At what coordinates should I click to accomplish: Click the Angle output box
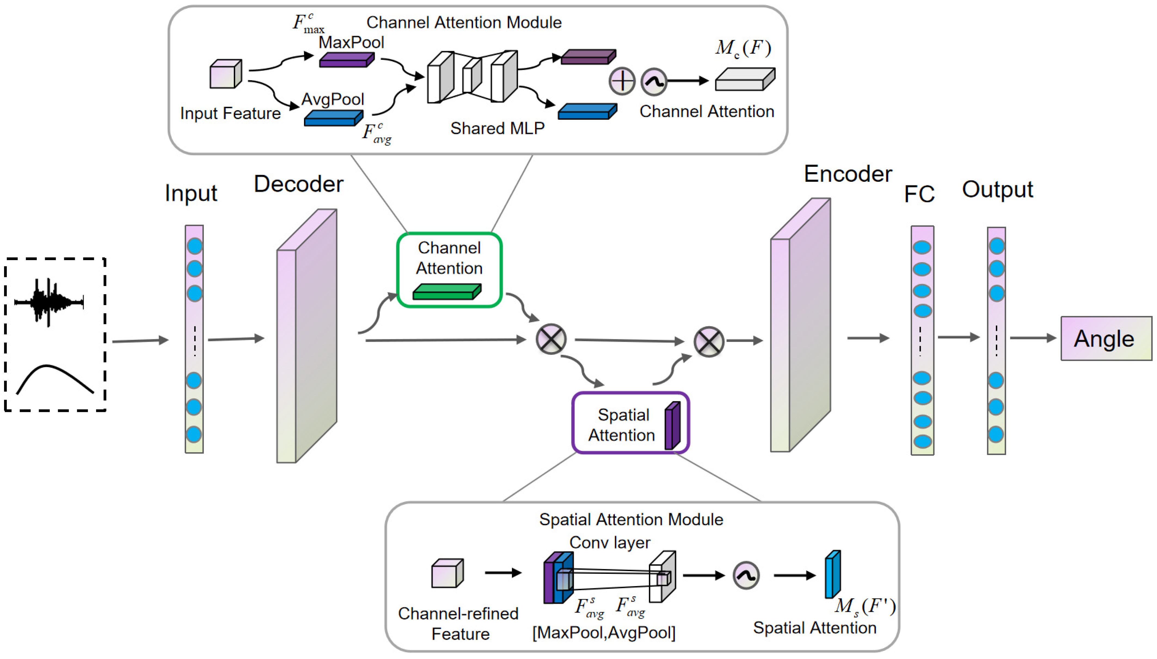[x=1106, y=338]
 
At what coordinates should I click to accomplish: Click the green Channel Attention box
[x=449, y=270]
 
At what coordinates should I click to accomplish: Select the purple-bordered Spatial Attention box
[x=630, y=423]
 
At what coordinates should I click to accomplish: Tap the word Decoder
[x=298, y=184]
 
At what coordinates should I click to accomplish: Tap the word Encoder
[x=847, y=174]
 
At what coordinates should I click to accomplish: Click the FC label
[x=919, y=194]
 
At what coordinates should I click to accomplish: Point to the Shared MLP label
[x=497, y=128]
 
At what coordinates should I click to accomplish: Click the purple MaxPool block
[x=346, y=60]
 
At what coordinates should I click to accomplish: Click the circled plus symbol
[x=622, y=81]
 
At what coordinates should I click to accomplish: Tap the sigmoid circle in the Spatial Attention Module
[x=745, y=575]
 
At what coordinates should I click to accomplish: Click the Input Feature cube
[x=225, y=74]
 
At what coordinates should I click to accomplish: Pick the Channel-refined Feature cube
[x=447, y=574]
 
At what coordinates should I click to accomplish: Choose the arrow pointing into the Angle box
[x=1033, y=338]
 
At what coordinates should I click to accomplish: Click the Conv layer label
[x=609, y=542]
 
